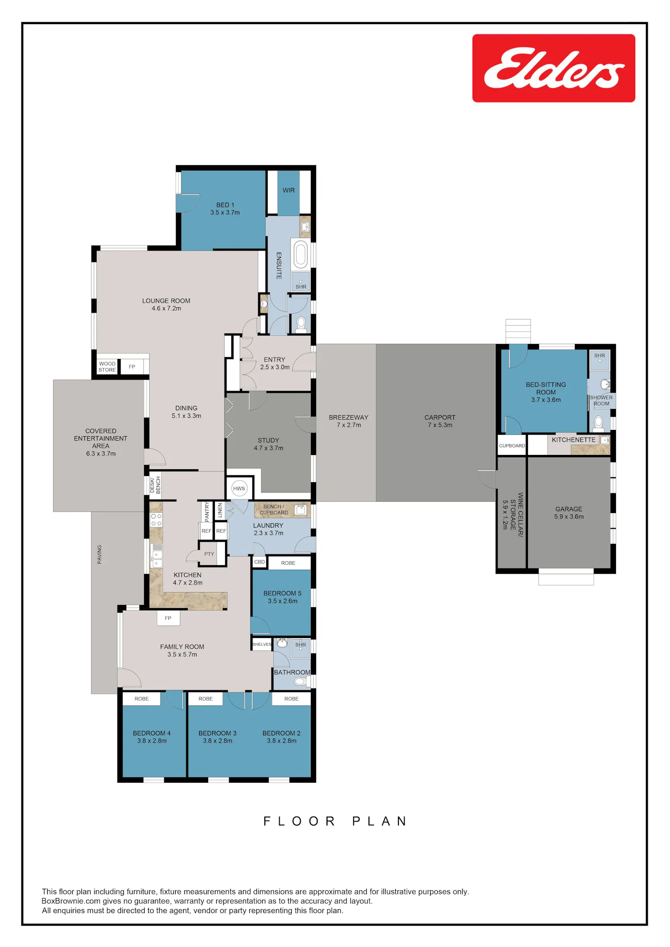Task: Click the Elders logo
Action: (x=553, y=68)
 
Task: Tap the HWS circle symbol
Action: (x=239, y=488)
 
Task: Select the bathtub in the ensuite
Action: (x=301, y=254)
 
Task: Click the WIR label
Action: (x=289, y=190)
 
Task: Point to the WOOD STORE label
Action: (x=107, y=367)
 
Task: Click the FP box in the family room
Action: (x=168, y=618)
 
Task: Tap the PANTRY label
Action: (x=207, y=512)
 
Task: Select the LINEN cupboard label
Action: (x=220, y=510)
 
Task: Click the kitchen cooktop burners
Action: (x=156, y=520)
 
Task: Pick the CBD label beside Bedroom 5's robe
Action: (x=260, y=562)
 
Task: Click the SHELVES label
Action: (x=262, y=644)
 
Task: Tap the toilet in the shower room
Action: (x=599, y=422)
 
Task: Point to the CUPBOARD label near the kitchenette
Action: (x=512, y=446)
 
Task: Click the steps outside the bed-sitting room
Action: (x=518, y=331)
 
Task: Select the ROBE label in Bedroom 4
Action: (x=142, y=699)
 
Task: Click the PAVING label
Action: (x=100, y=554)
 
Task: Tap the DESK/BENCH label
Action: (x=155, y=485)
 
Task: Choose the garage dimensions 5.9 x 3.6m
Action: (x=569, y=517)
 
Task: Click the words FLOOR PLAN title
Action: (x=335, y=822)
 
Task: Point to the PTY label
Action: (x=209, y=554)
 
